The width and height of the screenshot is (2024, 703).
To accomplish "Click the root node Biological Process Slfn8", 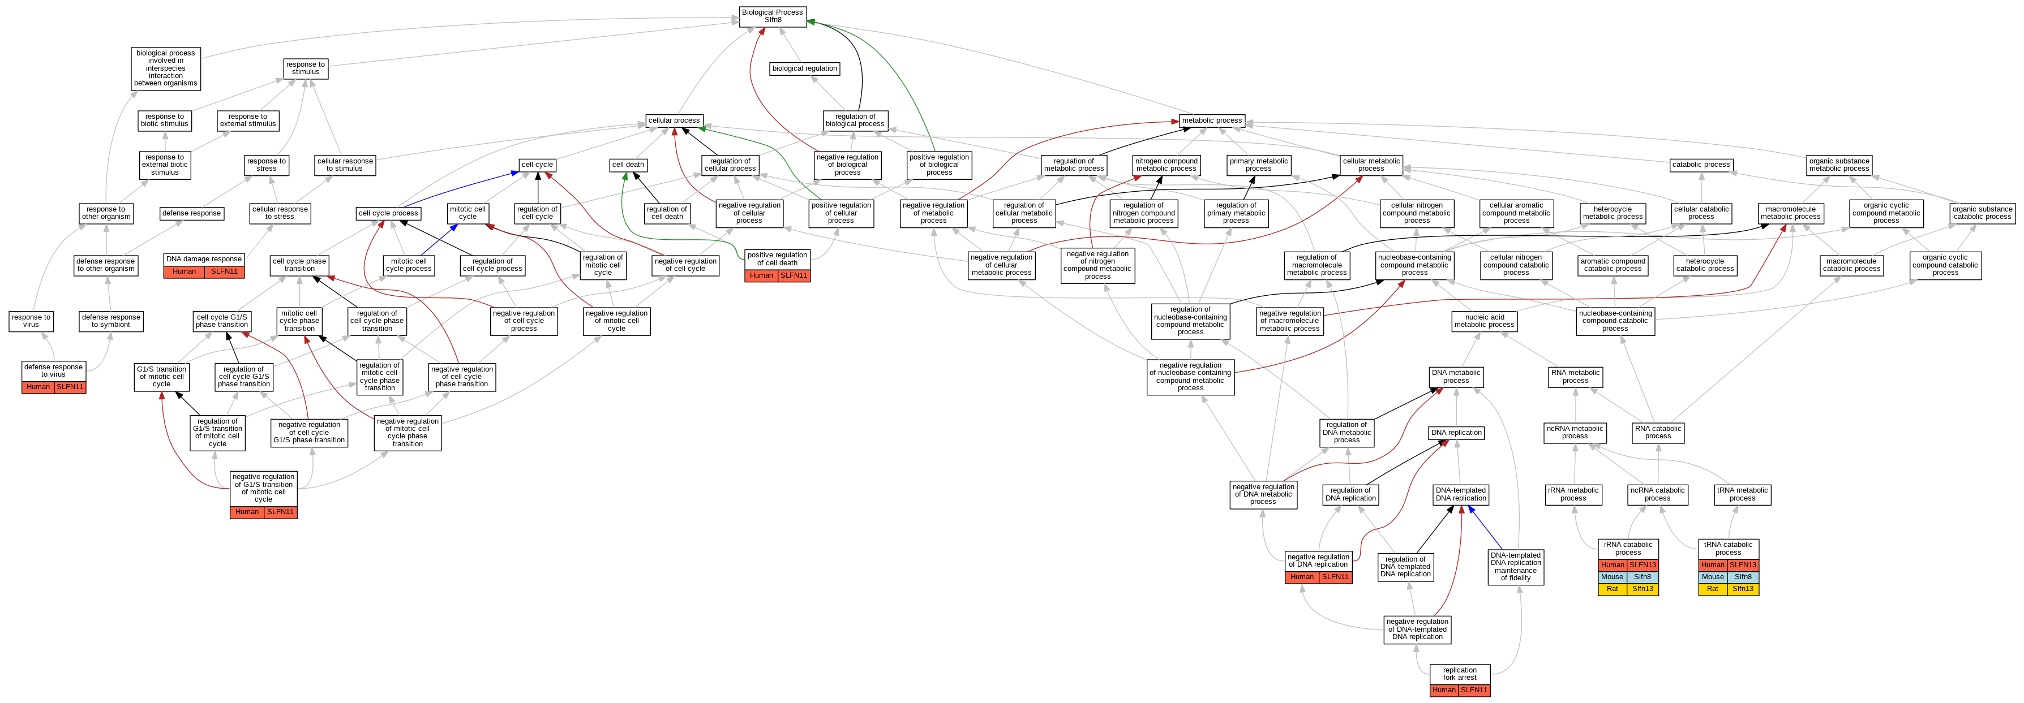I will click(773, 16).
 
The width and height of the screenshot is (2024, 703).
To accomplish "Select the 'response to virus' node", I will click(32, 321).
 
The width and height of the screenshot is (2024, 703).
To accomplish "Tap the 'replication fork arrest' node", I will click(1459, 674).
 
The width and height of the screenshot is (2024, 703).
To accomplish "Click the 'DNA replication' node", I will click(1456, 433).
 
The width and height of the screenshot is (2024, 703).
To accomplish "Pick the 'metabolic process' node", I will click(1212, 121).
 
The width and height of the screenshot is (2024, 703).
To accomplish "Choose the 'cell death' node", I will click(629, 165).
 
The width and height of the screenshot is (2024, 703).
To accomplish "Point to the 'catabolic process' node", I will click(1700, 165).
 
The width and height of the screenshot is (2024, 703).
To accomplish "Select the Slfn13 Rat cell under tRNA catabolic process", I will click(1743, 589).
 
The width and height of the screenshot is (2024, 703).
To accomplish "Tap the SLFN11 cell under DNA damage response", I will click(224, 272).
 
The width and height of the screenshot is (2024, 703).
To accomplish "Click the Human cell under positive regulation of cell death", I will click(761, 275).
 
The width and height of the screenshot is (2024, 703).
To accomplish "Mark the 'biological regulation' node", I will click(805, 69).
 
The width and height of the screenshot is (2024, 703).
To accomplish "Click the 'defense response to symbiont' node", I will click(111, 321).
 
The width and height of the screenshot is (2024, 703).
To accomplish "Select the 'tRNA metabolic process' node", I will click(1742, 495).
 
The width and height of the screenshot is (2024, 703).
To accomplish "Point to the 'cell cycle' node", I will click(538, 165).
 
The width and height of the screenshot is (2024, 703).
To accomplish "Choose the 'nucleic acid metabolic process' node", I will click(1484, 321).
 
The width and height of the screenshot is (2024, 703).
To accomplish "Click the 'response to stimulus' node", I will click(306, 69).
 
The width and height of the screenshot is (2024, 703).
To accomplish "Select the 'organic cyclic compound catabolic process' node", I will click(1945, 265).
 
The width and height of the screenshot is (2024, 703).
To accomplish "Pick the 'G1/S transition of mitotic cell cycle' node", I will click(161, 377).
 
